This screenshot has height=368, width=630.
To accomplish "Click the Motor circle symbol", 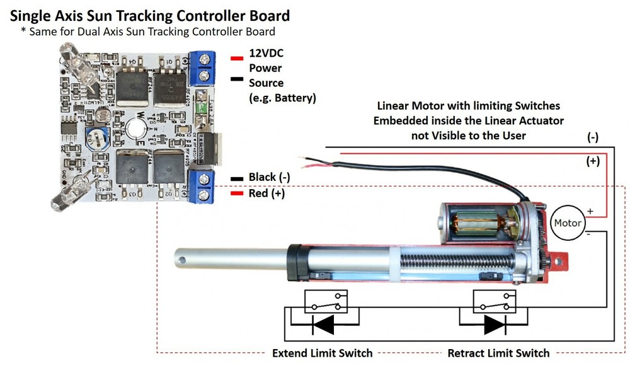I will [x=567, y=222].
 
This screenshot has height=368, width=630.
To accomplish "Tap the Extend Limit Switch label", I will [x=322, y=353].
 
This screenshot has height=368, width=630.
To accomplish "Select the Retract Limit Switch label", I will [x=498, y=353].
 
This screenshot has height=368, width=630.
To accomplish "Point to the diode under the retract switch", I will [x=494, y=324].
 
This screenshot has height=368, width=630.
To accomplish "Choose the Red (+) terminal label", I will [x=266, y=194].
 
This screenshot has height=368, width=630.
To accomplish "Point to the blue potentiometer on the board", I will [x=96, y=134].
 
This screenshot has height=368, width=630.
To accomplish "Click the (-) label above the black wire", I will [x=593, y=137].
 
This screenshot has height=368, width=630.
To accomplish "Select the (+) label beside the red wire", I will [x=593, y=161].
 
